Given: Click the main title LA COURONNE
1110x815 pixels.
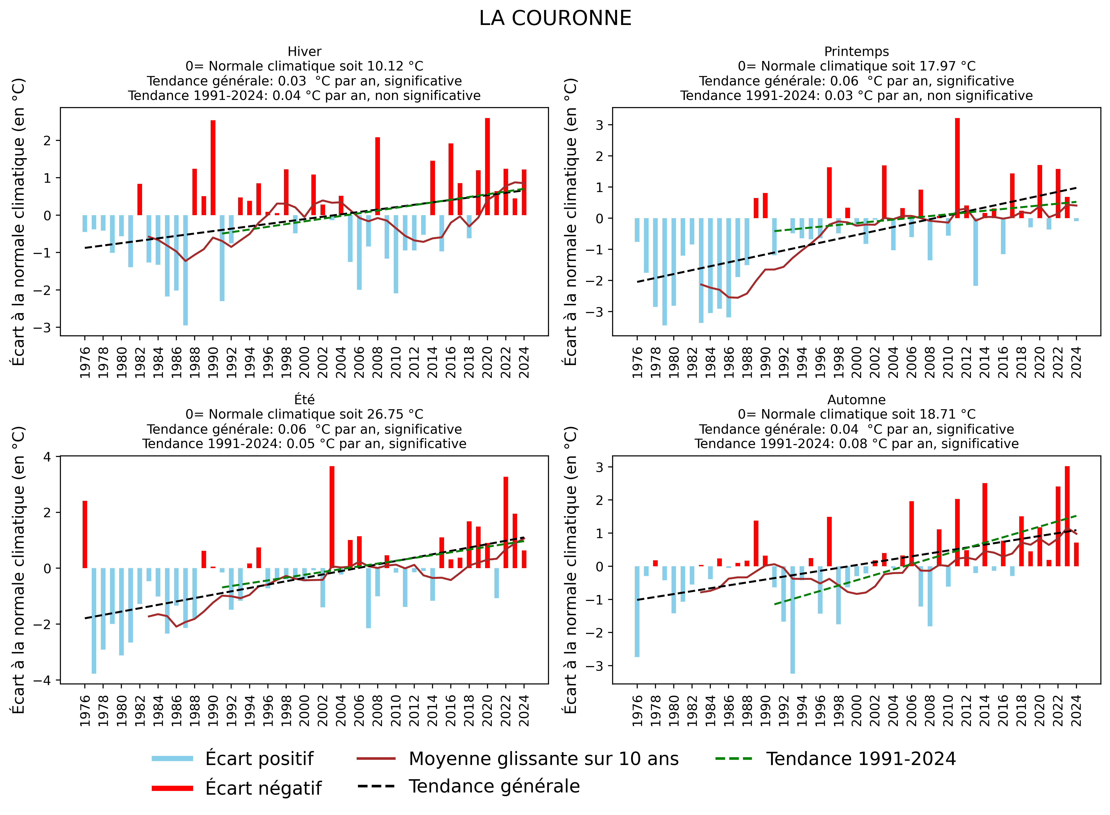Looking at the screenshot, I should (x=555, y=18).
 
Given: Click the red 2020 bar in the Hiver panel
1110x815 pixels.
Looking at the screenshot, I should (x=487, y=166).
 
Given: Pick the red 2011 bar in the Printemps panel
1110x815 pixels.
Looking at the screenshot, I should (x=957, y=168).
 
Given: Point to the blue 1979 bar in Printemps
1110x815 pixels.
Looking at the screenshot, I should (x=664, y=271).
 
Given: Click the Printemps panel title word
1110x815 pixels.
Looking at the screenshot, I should (x=856, y=52).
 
